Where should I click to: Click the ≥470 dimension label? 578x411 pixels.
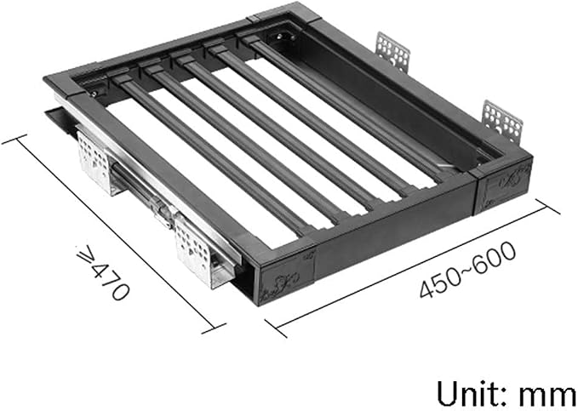coord(102,272)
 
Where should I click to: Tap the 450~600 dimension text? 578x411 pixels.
coord(468,269)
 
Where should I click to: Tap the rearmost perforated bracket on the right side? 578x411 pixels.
coord(393,51)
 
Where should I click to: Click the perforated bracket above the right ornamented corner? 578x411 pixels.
coord(502,122)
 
